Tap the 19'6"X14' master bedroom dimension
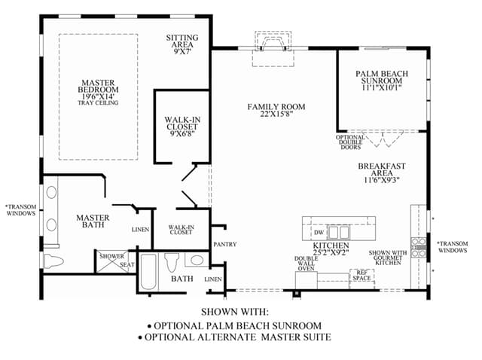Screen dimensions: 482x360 coord(98,96)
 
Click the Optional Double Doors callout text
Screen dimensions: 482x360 coord(350,142)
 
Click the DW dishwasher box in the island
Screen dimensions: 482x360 coord(319,233)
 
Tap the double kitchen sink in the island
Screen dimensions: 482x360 coord(338,233)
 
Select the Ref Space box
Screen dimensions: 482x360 coord(361,279)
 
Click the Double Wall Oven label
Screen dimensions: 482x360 coord(307,264)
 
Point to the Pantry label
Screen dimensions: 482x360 coord(225,245)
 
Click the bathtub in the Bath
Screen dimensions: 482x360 coord(149,272)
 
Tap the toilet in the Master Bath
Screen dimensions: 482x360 coord(53,261)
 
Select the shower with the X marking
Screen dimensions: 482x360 coord(112,261)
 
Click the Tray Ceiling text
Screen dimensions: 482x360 coord(98,103)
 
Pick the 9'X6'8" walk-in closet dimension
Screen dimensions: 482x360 coord(182,134)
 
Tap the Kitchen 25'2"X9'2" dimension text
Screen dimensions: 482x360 coord(331,253)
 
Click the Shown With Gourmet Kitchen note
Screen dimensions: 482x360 coord(388,258)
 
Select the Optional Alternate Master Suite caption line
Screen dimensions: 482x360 coord(234,337)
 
